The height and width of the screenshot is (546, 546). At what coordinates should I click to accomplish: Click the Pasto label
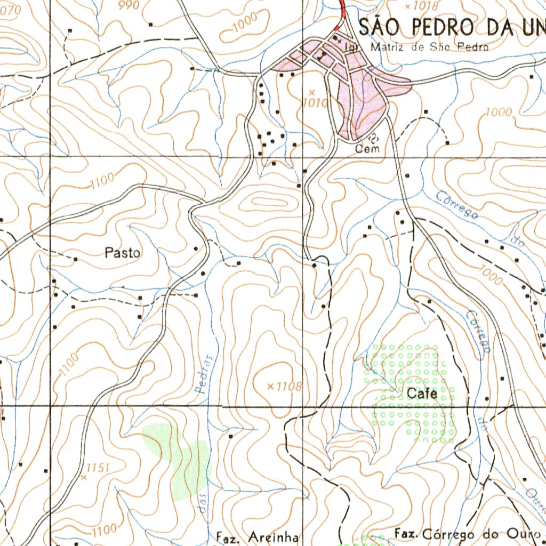(123, 253)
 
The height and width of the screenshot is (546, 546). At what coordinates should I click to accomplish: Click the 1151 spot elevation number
(97, 468)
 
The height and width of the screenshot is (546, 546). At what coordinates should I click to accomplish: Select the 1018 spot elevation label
(425, 6)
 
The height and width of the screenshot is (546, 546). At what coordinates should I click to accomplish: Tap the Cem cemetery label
(368, 149)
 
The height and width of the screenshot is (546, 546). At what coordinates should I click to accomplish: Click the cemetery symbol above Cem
(373, 137)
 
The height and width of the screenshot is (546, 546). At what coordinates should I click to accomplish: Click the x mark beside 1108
(270, 386)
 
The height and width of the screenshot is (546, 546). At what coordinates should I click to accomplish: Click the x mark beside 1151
(83, 478)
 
